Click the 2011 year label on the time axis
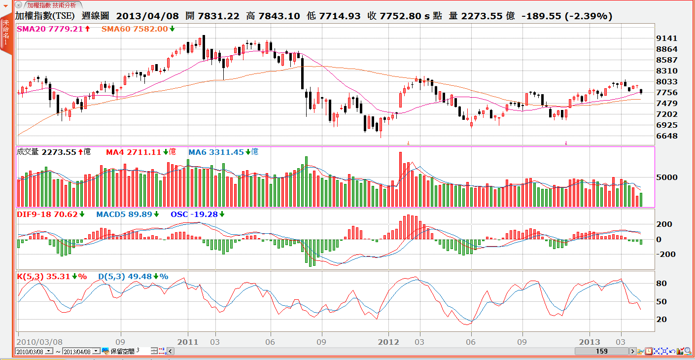[188, 342]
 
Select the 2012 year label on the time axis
[388, 342]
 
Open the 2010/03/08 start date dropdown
[48, 351]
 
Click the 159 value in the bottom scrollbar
[601, 351]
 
